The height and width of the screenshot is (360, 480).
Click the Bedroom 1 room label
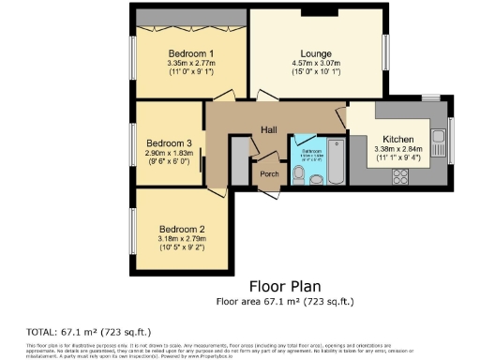(190, 53)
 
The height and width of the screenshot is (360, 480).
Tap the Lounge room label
(315, 53)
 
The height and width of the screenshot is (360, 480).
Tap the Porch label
(269, 173)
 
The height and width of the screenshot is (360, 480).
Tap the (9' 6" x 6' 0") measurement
(165, 162)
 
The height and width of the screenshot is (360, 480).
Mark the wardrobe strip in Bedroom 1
(190, 18)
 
